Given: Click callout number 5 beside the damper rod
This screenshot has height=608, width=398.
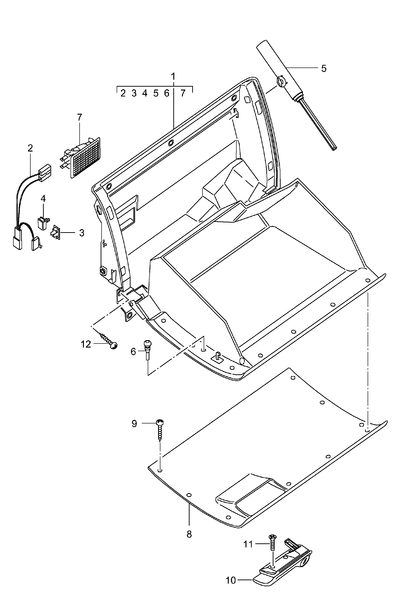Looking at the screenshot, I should coord(323,68).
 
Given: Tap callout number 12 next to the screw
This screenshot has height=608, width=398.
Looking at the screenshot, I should coord(86,344).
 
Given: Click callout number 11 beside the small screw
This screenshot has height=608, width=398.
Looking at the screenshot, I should coord(248,544).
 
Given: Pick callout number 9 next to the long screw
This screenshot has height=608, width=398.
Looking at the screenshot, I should coord(134,424).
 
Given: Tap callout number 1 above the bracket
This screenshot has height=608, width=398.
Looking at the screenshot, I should coord(173,76).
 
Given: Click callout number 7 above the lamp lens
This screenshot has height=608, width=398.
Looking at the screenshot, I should coord(80,118).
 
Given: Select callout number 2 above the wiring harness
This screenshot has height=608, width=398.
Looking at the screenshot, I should coord(30,148).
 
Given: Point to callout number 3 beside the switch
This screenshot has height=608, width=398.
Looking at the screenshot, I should coord(82,233).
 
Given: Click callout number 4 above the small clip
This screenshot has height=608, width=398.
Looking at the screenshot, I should coord(43,198).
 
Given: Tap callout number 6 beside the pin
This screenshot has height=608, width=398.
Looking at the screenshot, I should coord(133,352).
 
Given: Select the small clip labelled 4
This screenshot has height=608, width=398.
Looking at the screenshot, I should coord(43,223).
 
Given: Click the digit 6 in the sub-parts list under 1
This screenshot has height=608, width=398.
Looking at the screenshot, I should coord(167,94).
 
